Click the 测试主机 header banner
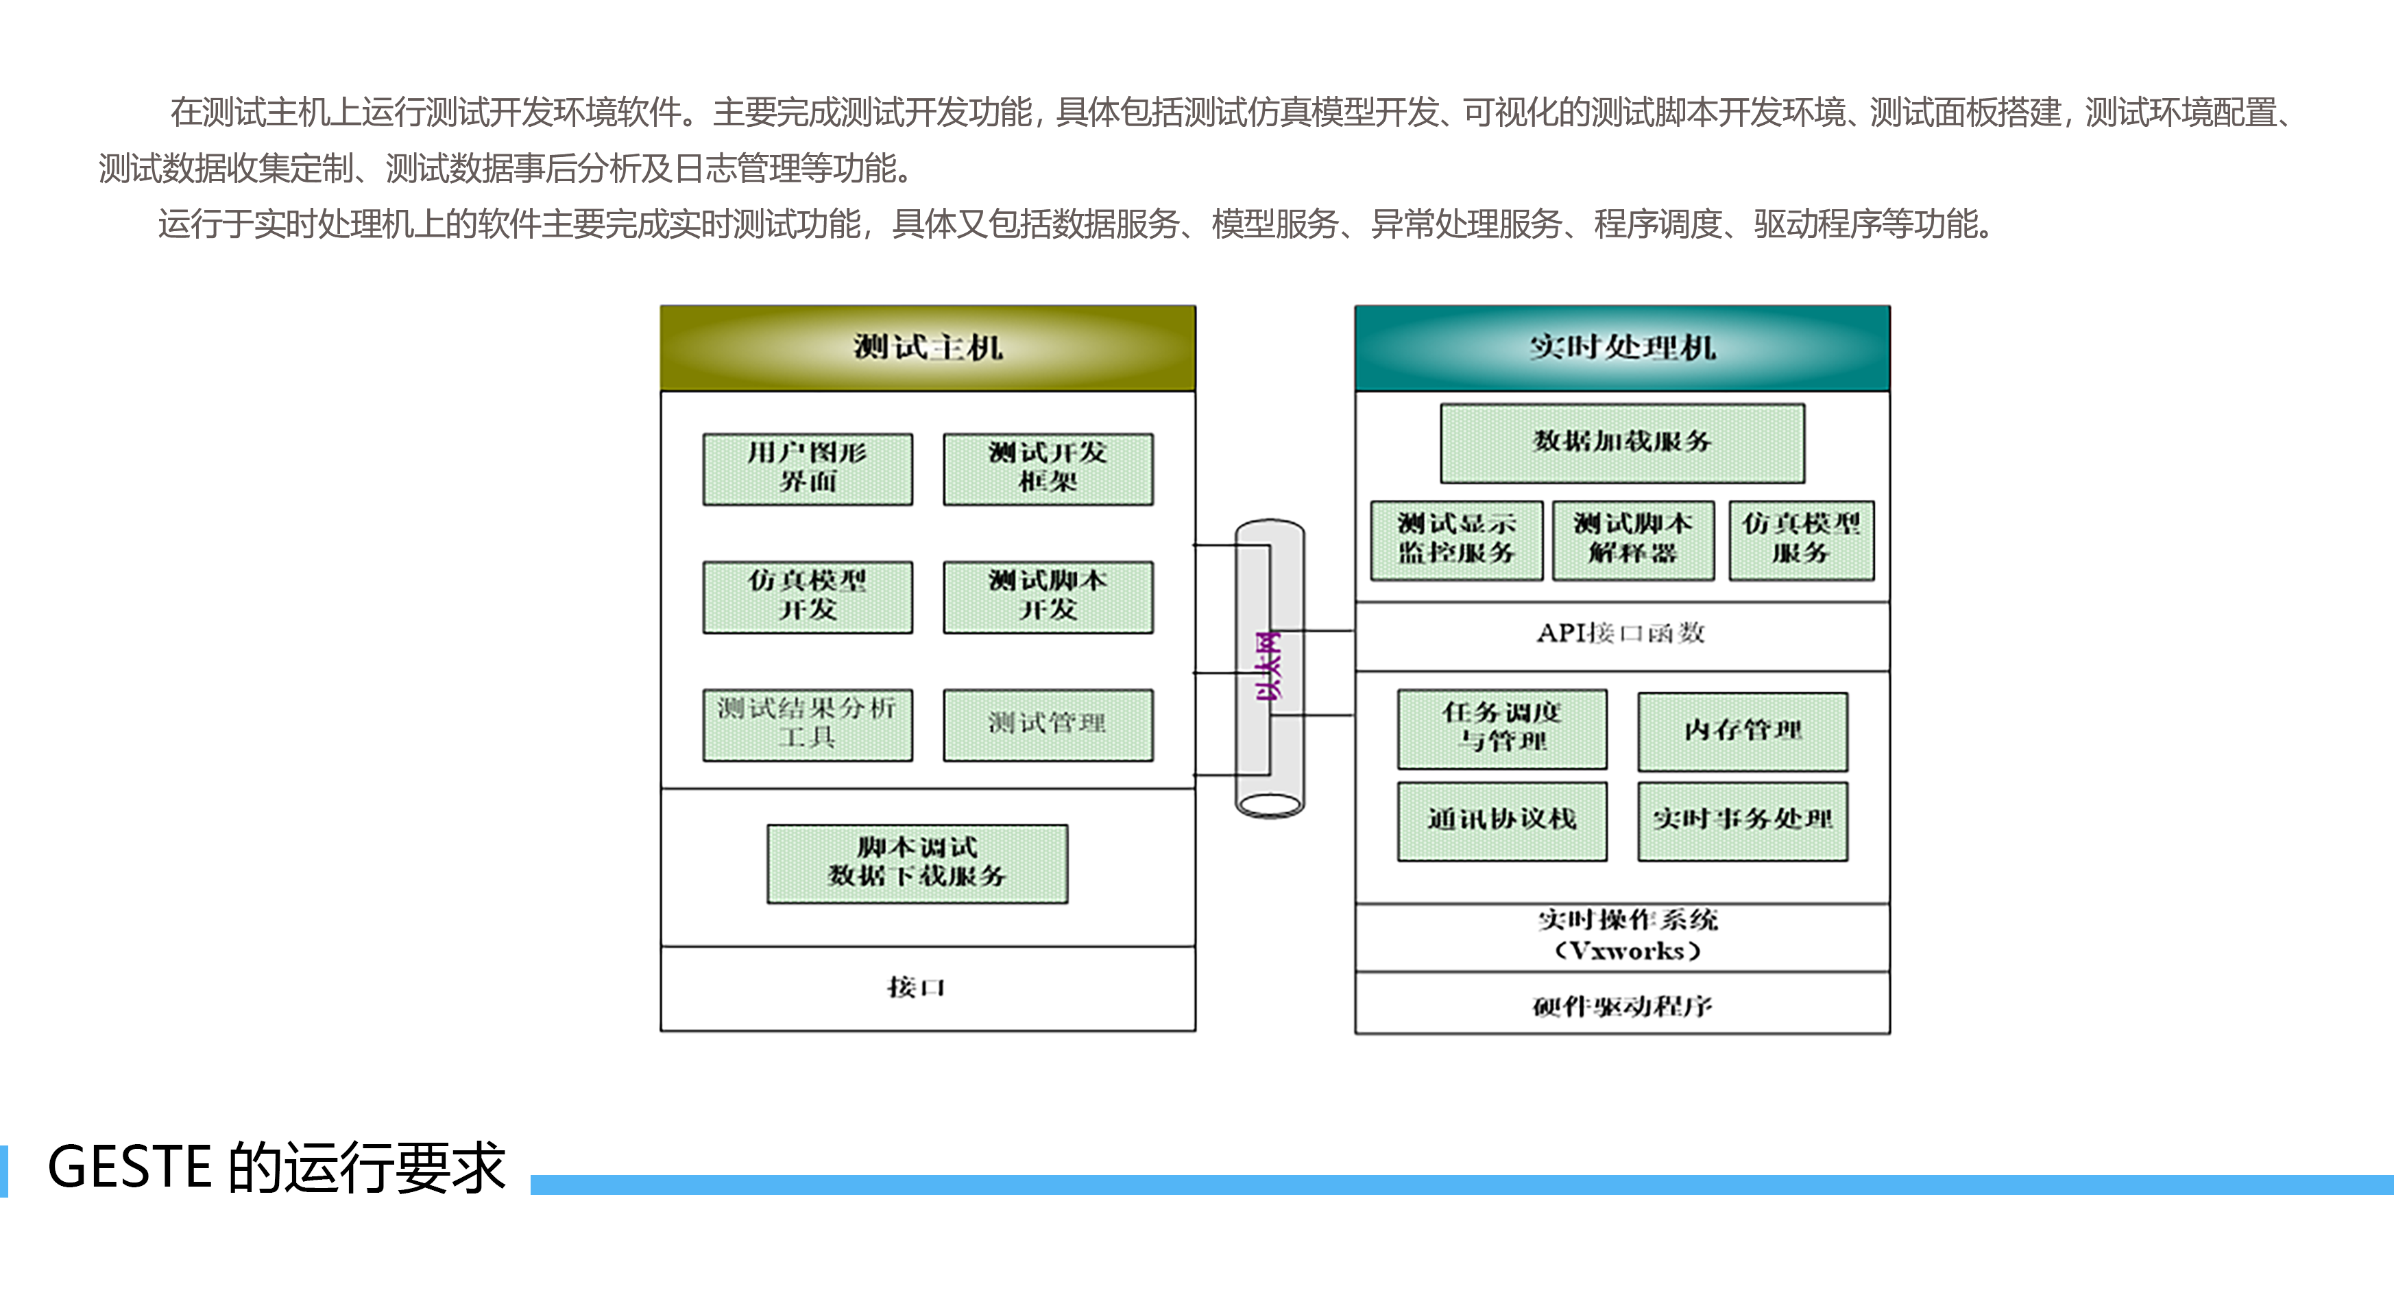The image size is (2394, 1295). click(928, 348)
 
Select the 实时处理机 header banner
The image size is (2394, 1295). click(1622, 348)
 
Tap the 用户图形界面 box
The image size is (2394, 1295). click(808, 468)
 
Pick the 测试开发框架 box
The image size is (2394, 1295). click(1048, 468)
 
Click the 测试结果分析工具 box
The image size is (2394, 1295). click(808, 724)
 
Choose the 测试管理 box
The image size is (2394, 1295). click(1048, 724)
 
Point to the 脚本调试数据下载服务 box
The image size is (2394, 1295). click(917, 863)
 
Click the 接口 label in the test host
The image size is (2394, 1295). click(917, 987)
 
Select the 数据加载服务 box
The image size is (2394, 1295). click(1622, 442)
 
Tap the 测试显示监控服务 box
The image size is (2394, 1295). click(1456, 540)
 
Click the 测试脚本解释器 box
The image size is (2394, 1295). click(1633, 540)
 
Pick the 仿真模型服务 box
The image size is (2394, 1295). click(1801, 540)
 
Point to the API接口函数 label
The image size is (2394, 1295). click(1621, 634)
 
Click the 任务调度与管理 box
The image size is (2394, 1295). click(1502, 728)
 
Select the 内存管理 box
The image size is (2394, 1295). click(1743, 730)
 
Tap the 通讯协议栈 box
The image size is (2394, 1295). click(1502, 820)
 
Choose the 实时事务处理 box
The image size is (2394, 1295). click(1743, 820)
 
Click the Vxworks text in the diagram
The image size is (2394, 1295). click(1628, 952)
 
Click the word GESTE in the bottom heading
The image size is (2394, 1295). click(129, 1167)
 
